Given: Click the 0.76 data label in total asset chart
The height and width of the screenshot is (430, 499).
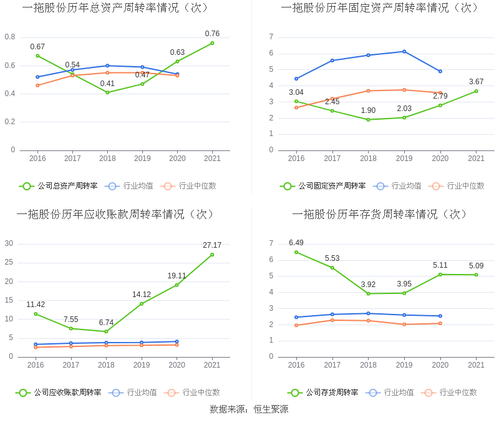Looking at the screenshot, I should pos(212,34).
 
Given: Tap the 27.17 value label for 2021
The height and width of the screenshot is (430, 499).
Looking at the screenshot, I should pos(212,245).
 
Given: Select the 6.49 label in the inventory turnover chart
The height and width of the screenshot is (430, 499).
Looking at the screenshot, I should pos(296,243).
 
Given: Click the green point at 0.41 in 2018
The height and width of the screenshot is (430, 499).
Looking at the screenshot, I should pos(107,92).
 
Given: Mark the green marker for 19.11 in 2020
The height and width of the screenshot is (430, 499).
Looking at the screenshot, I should pos(177,285).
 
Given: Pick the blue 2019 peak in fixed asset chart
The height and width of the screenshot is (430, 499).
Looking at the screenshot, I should pos(404,51).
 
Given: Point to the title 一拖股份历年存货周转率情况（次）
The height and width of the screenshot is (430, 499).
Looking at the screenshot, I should pos(380,214).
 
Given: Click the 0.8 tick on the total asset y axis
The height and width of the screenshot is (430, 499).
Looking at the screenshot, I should pos(10,37).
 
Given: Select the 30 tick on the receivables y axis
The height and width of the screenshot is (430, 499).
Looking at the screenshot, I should pos(9,243).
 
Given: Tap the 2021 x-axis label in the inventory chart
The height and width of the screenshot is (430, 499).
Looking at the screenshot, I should pos(476,365).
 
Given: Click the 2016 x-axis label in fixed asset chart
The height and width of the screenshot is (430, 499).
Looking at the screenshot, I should pos(296,159).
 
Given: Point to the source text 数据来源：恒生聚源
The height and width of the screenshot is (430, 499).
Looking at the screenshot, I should pos(249,409).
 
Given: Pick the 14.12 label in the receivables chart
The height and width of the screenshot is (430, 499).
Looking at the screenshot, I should pos(141,295).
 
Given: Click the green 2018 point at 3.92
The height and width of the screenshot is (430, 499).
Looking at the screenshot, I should pos(368,293).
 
